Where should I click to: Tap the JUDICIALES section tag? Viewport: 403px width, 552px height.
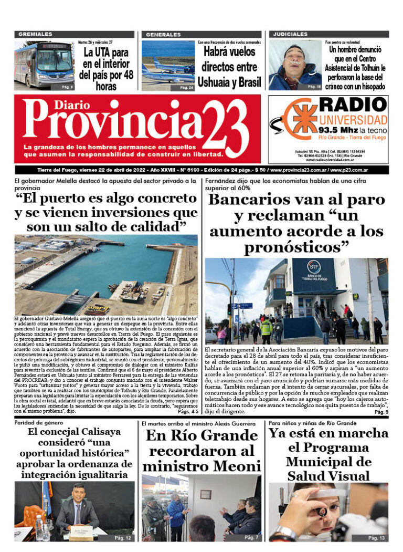click(x=290, y=35)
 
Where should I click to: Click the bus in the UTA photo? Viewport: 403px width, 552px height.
click(x=44, y=64)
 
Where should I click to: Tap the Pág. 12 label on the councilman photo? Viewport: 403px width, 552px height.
click(x=122, y=538)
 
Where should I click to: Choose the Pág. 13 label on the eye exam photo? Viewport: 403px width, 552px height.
click(x=376, y=538)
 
